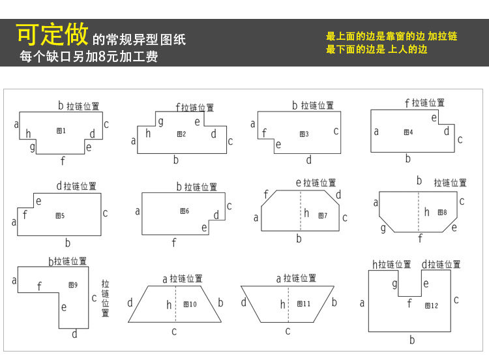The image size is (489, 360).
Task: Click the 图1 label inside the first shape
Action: point(61,131)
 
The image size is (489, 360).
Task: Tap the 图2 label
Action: point(181,134)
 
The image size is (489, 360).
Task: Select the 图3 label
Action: point(304,134)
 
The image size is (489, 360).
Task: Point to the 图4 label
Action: point(408,132)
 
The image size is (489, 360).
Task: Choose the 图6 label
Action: point(185,211)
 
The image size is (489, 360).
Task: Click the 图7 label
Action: point(323,215)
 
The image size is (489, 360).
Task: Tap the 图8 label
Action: point(442,212)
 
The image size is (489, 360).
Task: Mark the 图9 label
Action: point(72,284)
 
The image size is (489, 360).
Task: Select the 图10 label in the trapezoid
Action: point(190,304)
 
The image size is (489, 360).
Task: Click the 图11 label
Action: point(304,304)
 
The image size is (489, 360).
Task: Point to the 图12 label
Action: point(431,305)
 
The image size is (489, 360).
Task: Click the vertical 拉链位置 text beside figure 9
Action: point(106,299)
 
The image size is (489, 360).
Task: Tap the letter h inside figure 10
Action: point(169,305)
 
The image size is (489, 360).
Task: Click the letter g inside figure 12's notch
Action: point(394,283)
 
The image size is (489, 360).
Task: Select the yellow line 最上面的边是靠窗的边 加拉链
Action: point(391,37)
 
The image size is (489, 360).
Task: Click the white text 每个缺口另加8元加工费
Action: point(89,57)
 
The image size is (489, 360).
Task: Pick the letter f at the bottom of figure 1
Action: point(63,160)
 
